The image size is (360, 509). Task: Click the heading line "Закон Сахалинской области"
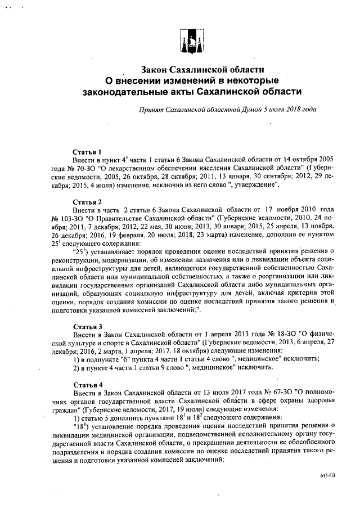tap(202, 70)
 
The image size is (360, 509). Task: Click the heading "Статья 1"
tap(87, 152)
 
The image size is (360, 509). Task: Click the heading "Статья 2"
tap(87, 201)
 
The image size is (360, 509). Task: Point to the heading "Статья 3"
tap(87, 326)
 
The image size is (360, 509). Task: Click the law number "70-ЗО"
tap(80, 168)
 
